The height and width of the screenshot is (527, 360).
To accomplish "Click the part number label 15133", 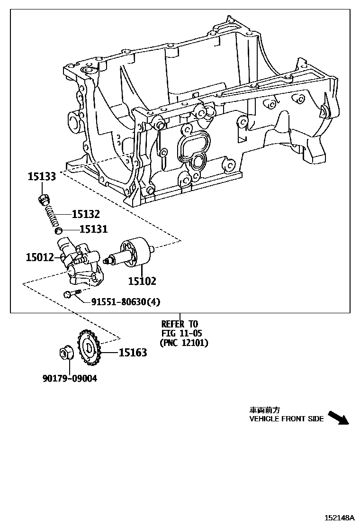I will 42,177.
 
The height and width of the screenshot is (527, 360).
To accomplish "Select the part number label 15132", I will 86,215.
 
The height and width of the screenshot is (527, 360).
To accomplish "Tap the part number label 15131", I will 93,230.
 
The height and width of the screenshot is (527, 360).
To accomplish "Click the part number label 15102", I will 142,281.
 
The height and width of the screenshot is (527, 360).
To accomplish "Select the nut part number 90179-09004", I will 70,379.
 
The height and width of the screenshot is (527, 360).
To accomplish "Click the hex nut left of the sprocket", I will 65,353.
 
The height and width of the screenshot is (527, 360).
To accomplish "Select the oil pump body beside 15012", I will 81,263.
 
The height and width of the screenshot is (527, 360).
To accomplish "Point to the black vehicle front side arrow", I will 338,418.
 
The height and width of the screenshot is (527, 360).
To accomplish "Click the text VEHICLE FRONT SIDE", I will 287,419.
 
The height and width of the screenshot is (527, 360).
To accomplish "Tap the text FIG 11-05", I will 180,333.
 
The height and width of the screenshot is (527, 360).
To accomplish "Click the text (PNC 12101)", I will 183,343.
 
